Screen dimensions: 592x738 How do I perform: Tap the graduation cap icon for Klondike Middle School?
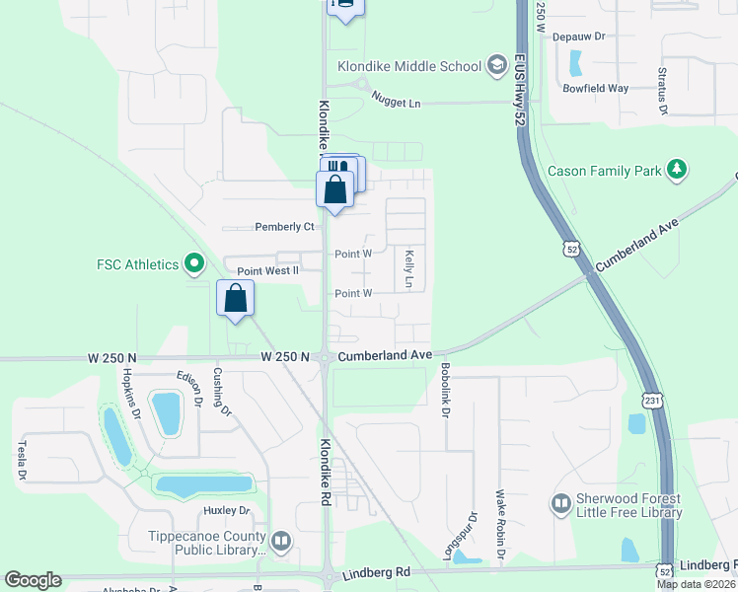click(x=497, y=66)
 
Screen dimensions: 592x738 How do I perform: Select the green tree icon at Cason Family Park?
click(x=677, y=171)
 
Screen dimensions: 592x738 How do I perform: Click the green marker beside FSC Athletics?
click(x=194, y=264)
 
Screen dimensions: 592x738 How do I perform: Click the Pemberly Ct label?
click(x=284, y=227)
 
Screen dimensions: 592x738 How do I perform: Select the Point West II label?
click(x=267, y=271)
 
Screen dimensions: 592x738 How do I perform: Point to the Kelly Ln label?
click(x=408, y=268)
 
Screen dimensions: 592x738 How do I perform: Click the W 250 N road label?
click(x=285, y=355)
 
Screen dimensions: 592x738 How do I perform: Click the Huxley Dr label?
click(x=227, y=510)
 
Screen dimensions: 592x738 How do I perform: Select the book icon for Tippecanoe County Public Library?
click(x=281, y=541)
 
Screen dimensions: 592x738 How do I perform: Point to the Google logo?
click(x=33, y=580)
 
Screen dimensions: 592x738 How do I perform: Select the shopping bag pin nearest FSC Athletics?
click(x=236, y=298)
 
